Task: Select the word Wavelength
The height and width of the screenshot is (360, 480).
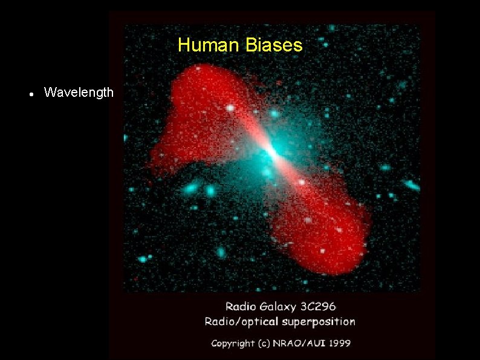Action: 79,93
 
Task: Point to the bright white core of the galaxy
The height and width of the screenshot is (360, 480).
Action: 272,152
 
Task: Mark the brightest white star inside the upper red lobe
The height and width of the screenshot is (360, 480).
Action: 230,108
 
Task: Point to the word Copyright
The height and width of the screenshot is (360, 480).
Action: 233,343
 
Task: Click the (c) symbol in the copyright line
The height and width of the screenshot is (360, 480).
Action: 264,343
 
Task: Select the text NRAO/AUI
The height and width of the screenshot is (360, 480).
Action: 296,343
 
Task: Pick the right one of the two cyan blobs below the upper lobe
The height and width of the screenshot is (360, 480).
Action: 210,191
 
